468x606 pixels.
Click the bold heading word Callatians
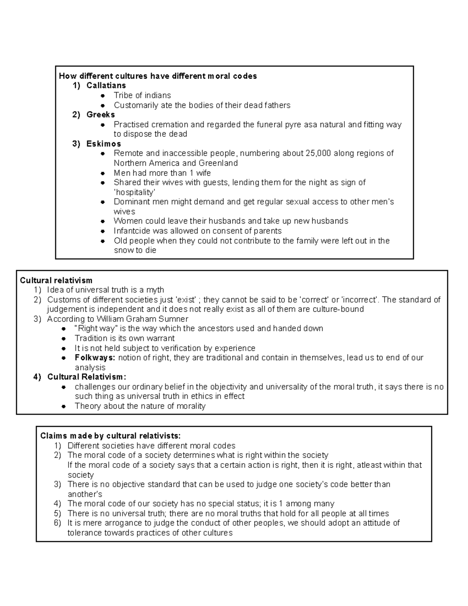pos(106,85)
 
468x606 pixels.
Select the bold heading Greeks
pos(101,115)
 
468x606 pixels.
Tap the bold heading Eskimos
pos(104,144)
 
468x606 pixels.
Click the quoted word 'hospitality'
pos(134,192)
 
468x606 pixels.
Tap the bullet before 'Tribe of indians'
pos(103,96)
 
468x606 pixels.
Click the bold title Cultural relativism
pos(56,280)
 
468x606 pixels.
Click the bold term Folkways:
pos(95,358)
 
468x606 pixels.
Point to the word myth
pos(155,290)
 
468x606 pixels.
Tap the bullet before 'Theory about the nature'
pos(64,406)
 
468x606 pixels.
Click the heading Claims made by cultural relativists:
pos(110,436)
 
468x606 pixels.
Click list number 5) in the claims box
pos(58,514)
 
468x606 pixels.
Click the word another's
pos(85,494)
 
